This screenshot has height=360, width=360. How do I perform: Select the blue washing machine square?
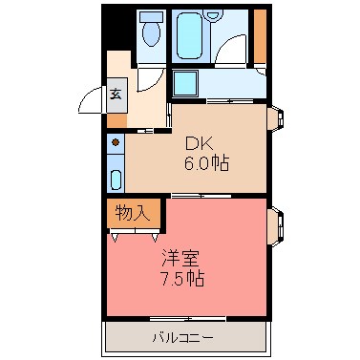click(185, 83)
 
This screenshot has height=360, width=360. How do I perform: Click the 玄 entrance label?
click(116, 94)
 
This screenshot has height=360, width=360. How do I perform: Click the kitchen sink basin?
click(116, 179)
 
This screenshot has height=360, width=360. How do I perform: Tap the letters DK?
click(198, 143)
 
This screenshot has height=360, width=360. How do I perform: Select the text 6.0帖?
click(206, 162)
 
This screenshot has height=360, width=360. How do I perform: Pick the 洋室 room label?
click(180, 259)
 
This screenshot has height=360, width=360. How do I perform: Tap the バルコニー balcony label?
click(182, 337)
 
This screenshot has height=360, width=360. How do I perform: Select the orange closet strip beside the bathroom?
click(260, 35)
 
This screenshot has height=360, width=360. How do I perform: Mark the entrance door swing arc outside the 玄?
click(92, 100)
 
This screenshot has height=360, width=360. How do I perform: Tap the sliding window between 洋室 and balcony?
click(187, 317)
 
